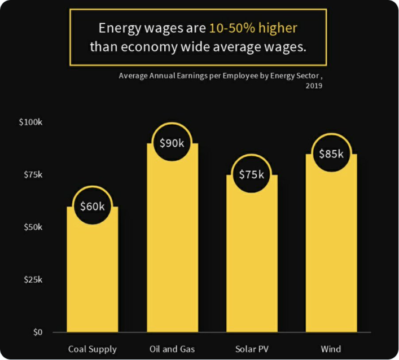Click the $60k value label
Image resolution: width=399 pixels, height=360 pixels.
tap(92, 206)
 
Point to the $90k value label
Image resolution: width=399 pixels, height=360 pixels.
tap(172, 143)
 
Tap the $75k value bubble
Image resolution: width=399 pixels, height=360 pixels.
tap(252, 174)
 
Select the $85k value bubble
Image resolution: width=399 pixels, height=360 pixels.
tap(331, 153)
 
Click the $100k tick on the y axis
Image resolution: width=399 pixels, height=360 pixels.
tap(31, 122)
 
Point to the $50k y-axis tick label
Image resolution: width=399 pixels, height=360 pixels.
tap(33, 227)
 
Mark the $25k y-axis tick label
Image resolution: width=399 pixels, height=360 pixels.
tap(33, 279)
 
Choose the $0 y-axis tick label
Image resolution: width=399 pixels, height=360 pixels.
tap(37, 332)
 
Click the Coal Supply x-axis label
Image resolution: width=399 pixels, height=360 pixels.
tap(92, 349)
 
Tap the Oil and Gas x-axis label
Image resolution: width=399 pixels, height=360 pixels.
tap(172, 349)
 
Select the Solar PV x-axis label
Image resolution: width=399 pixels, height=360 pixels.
tap(252, 349)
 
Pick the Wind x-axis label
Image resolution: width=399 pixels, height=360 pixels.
tap(331, 349)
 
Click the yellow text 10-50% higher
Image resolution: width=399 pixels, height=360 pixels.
tap(253, 28)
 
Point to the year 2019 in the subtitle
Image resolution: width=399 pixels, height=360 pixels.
tap(314, 86)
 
